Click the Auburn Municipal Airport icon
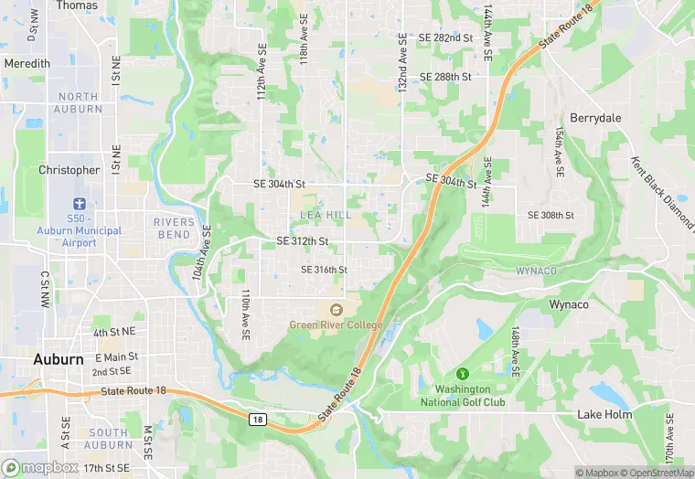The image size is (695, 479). click(80, 206)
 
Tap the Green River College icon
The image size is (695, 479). click(336, 310)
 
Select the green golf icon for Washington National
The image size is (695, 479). click(463, 373)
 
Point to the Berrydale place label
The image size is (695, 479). click(596, 118)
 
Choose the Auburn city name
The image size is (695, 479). click(59, 359)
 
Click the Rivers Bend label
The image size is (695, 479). click(174, 228)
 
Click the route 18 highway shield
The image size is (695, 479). click(259, 418)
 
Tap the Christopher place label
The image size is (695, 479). click(69, 170)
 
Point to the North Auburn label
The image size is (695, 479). click(79, 102)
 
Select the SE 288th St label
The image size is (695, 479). click(445, 77)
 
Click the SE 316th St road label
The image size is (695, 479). click(325, 270)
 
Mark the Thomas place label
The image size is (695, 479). click(77, 5)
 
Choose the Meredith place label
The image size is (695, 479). click(27, 64)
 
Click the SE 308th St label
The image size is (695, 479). click(551, 215)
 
